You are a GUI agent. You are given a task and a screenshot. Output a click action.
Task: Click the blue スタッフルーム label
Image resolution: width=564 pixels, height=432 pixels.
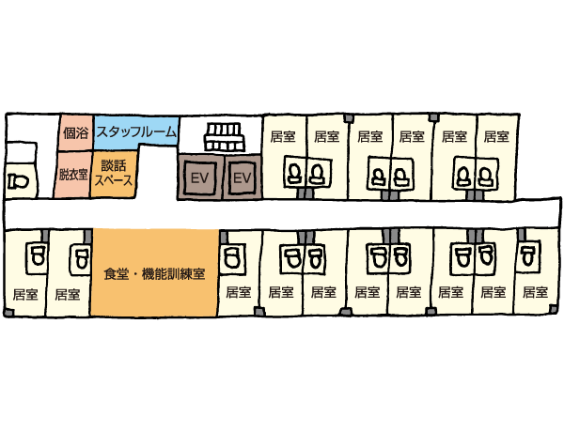click(x=136, y=132)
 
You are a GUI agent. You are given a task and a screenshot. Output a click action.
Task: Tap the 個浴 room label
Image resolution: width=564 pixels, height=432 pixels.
click(x=75, y=133)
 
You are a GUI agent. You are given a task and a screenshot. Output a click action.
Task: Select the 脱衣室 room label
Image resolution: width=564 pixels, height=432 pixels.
click(x=73, y=175)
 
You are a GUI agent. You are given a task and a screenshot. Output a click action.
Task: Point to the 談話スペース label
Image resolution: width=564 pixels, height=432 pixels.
click(x=114, y=173)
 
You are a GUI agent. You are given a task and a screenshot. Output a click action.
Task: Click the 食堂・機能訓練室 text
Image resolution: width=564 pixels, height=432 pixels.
click(x=154, y=274)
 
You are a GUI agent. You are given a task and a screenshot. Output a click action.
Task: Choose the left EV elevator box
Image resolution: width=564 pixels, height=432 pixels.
click(x=199, y=177)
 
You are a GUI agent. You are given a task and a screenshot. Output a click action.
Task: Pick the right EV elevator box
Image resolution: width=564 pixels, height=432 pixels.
click(x=243, y=177)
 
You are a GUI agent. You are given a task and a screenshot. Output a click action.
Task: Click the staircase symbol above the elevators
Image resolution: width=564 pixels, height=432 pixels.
click(x=224, y=137)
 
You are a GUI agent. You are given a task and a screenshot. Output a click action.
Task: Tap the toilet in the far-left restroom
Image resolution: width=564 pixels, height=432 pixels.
click(x=18, y=180)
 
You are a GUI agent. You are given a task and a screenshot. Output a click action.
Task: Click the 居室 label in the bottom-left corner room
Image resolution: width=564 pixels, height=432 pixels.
click(x=25, y=294)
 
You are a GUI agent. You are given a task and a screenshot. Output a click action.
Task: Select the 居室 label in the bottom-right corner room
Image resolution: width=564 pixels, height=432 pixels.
click(x=535, y=292)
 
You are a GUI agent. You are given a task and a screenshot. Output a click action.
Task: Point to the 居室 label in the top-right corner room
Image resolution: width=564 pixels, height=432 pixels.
click(x=496, y=136)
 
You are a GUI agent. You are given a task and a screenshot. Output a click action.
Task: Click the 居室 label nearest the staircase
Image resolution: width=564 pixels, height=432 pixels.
click(x=283, y=136)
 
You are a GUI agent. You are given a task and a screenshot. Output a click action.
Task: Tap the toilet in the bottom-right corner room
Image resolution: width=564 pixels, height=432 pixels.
click(x=527, y=255)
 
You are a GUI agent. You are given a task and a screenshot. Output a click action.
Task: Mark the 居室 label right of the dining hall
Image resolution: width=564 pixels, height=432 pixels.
click(x=239, y=292)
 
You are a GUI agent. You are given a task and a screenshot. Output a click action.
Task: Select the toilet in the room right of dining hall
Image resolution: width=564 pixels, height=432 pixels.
click(x=231, y=256)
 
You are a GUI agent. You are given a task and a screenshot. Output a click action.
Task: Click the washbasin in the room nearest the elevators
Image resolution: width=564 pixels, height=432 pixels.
click(x=295, y=173)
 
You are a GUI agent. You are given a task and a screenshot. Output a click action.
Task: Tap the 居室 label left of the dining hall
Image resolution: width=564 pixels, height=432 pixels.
click(x=68, y=294)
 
